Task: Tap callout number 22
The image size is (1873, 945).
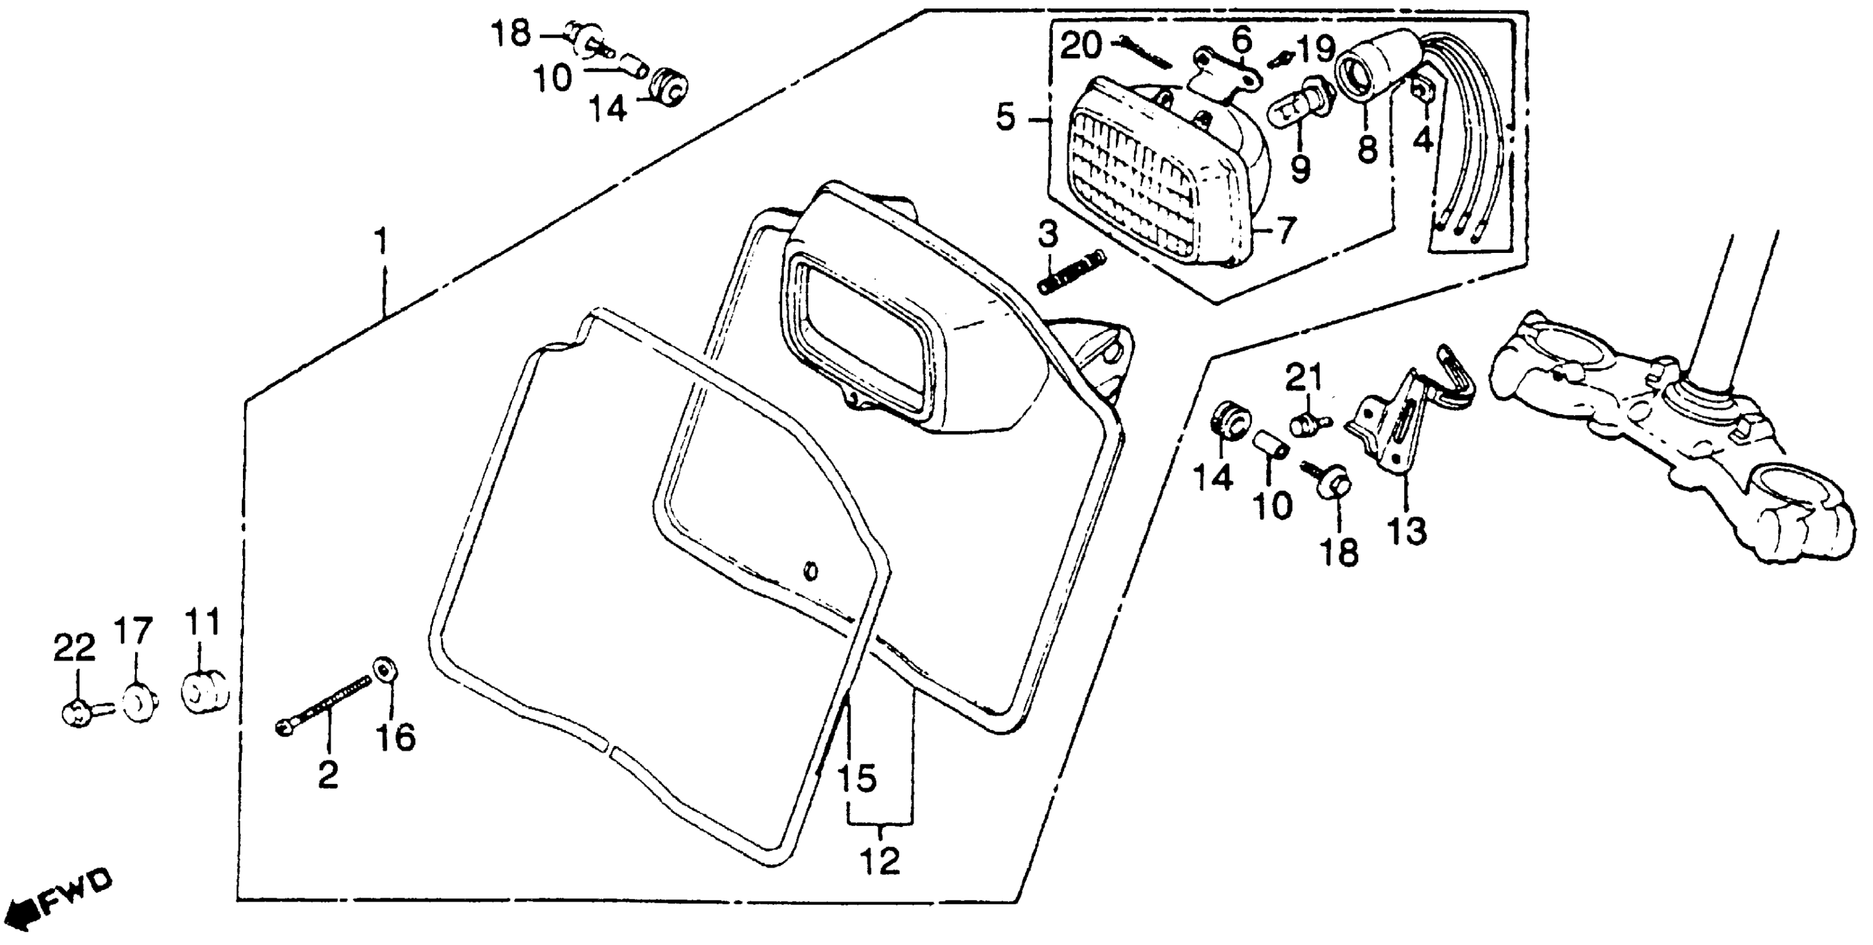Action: tap(74, 648)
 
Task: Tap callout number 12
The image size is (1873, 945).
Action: tap(881, 862)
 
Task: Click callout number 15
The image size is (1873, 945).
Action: tap(857, 779)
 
